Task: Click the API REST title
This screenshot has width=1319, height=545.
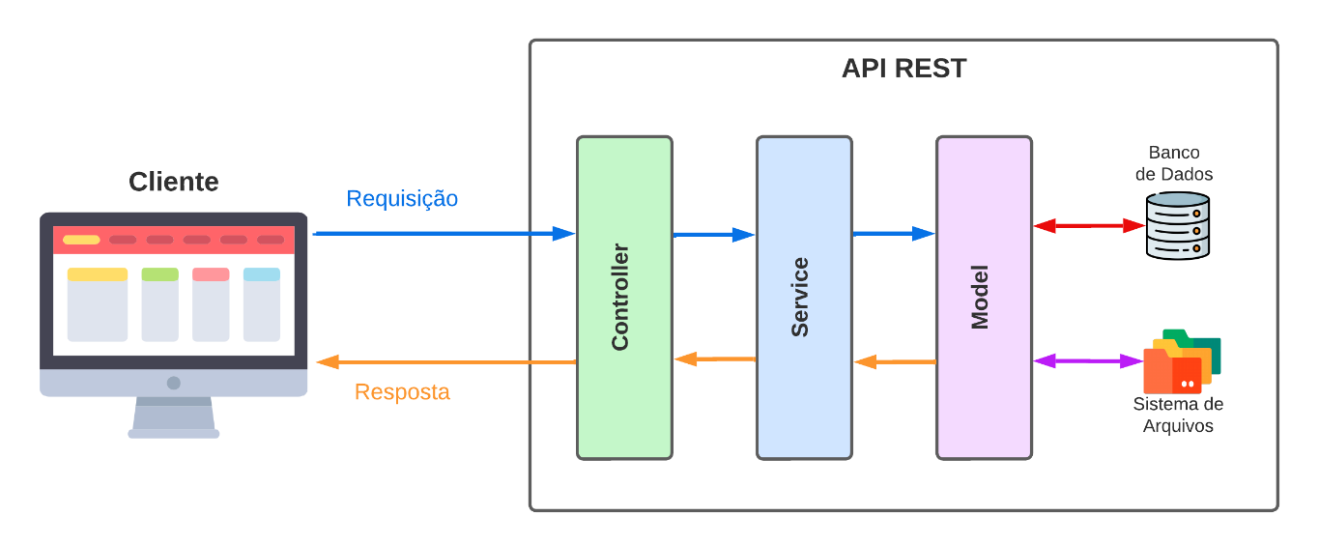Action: (x=903, y=69)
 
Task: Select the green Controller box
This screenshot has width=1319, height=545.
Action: (x=624, y=298)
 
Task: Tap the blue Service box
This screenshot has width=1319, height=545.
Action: (x=804, y=298)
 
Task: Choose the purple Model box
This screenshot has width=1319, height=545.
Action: (x=984, y=298)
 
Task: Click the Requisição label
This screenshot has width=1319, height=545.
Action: (x=402, y=198)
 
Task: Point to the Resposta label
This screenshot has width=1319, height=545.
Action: (x=402, y=392)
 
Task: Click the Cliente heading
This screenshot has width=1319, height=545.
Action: (x=174, y=182)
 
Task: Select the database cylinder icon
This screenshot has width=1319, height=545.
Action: (x=1177, y=225)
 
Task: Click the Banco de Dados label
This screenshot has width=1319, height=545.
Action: (x=1174, y=163)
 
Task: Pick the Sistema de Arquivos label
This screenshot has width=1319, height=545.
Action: (x=1178, y=415)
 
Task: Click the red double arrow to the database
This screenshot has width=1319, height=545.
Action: (x=1089, y=226)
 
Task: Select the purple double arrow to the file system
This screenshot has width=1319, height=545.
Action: (x=1088, y=361)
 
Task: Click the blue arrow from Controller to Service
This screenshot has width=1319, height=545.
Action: (x=713, y=234)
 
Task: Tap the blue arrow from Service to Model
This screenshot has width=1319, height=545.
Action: (x=894, y=233)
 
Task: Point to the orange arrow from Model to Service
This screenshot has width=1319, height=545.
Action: (x=895, y=362)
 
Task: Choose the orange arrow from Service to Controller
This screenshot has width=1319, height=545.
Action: (x=714, y=359)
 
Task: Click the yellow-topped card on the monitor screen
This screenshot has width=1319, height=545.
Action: (x=98, y=304)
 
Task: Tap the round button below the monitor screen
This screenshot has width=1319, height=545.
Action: (x=174, y=383)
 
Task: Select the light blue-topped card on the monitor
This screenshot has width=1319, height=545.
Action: (x=262, y=304)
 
